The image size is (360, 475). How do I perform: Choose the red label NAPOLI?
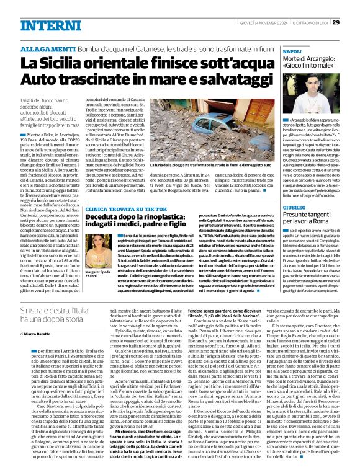click(292, 52)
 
